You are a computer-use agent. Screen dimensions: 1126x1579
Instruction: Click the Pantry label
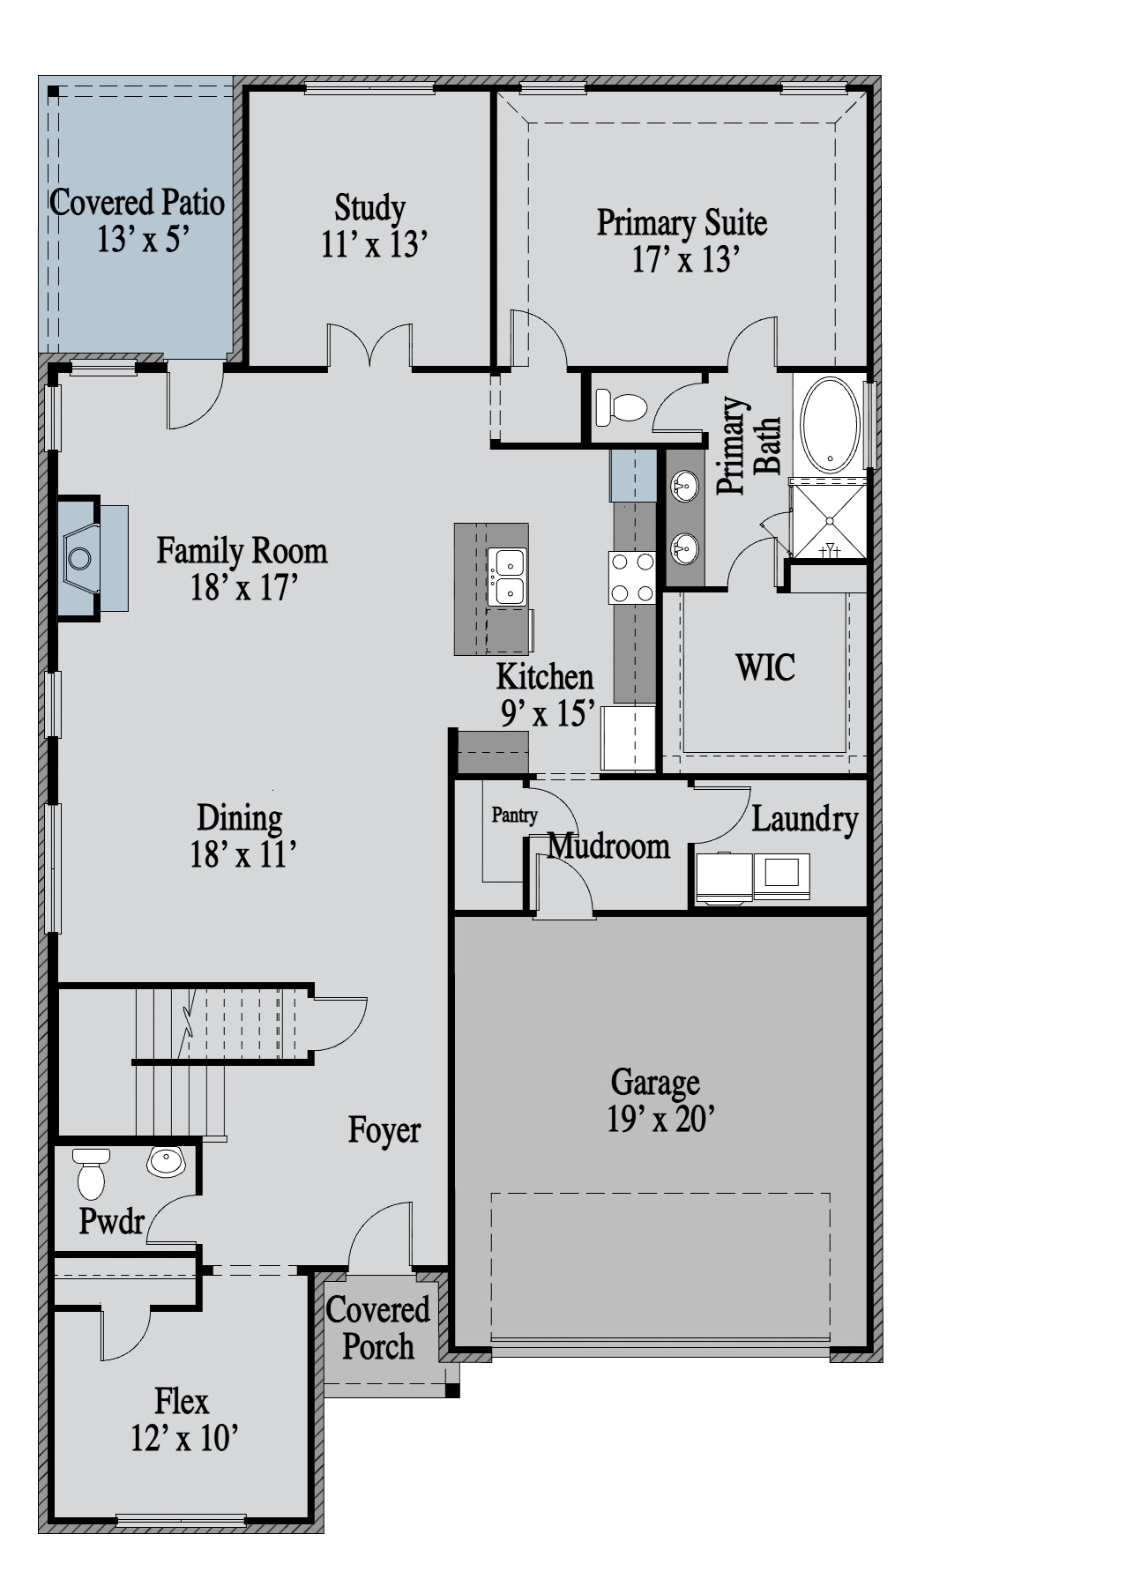click(514, 815)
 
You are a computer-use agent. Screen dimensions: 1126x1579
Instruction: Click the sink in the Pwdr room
click(167, 1161)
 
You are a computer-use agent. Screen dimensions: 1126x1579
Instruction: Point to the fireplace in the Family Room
click(93, 558)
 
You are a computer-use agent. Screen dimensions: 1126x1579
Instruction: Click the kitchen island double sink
click(507, 576)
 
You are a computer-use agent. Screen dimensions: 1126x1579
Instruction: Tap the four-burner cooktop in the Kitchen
click(632, 577)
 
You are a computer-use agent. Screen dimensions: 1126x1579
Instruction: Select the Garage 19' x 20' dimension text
click(660, 1119)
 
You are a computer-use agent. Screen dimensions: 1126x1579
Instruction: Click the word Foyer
click(384, 1129)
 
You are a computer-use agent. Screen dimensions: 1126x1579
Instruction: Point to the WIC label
click(765, 667)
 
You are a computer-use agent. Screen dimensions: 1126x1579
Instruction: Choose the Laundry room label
click(804, 820)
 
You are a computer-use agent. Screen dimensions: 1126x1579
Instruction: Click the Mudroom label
click(608, 846)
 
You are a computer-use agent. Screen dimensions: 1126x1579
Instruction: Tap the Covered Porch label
click(377, 1328)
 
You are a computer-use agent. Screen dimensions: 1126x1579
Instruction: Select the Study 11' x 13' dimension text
click(374, 244)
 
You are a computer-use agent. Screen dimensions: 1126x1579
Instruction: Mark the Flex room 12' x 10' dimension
click(185, 1438)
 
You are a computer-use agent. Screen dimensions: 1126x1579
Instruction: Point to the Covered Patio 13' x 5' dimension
click(143, 239)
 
